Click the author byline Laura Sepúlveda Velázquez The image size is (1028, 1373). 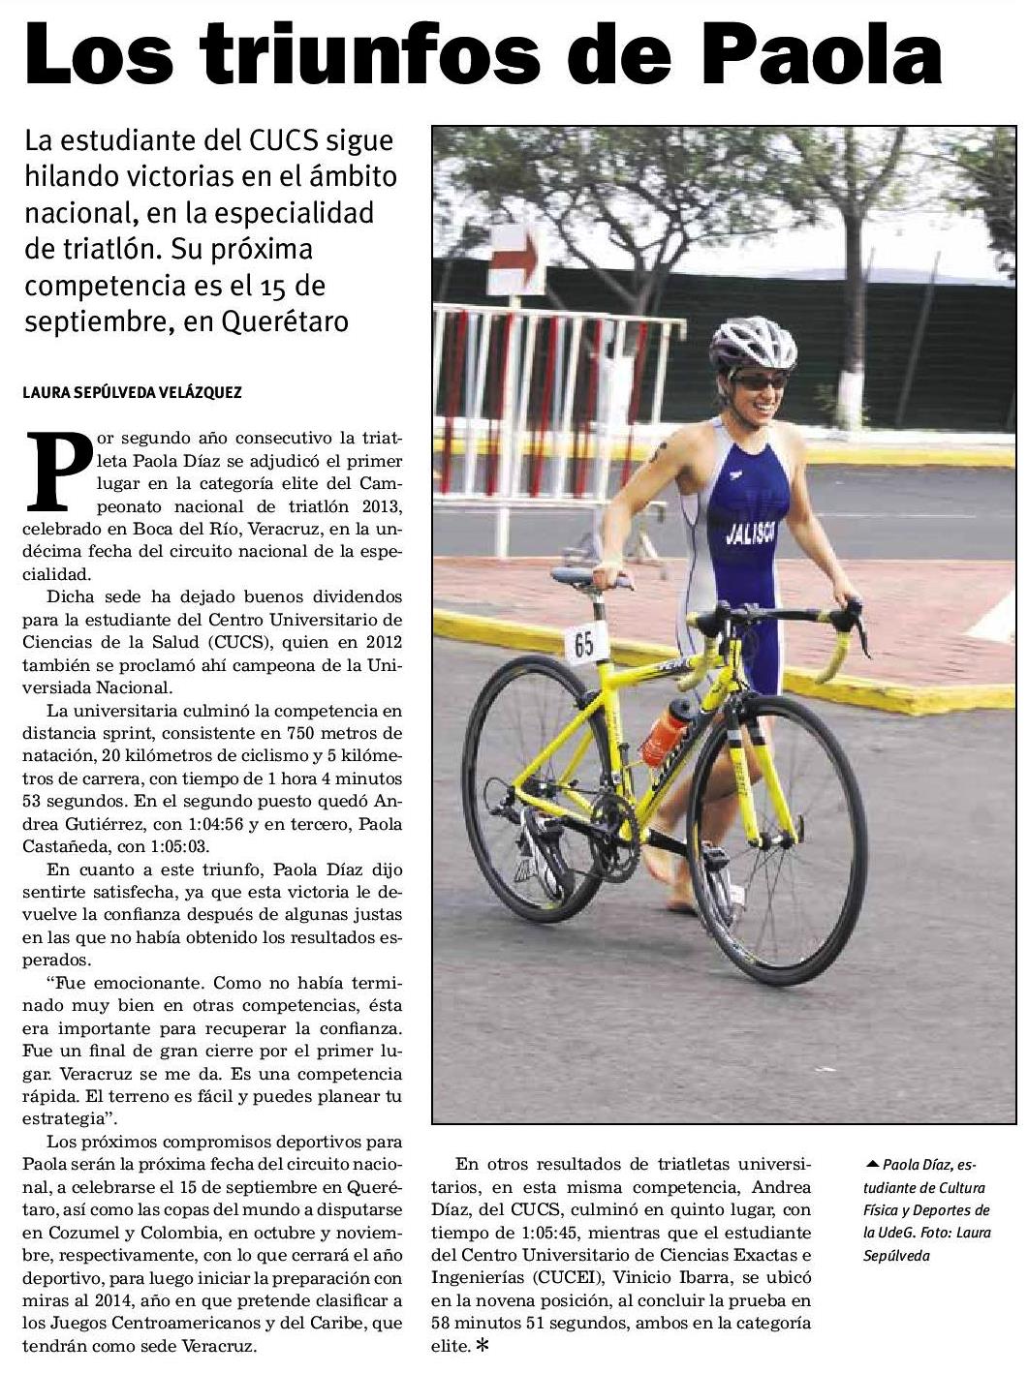133,392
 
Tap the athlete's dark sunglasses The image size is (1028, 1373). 759,381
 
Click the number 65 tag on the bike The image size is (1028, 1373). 584,643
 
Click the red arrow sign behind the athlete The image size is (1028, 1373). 518,259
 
